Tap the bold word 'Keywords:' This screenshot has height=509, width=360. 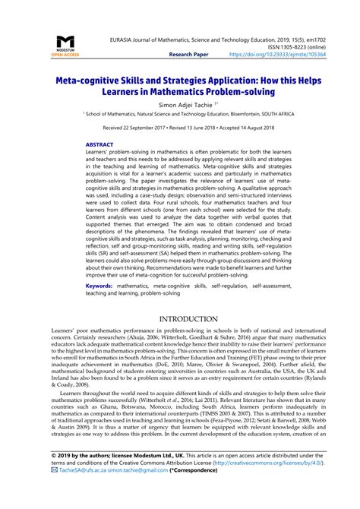coord(102,286)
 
